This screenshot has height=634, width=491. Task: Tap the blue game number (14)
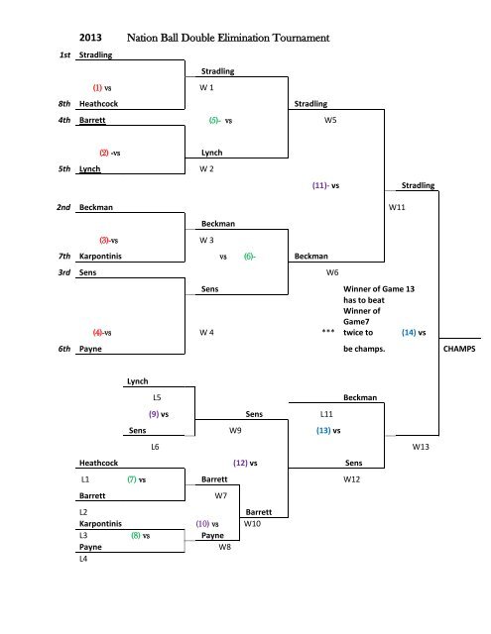coord(408,333)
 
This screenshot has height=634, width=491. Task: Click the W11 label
coord(397,208)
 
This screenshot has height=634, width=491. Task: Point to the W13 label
coord(422,448)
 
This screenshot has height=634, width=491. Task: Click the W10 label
coord(252,522)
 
